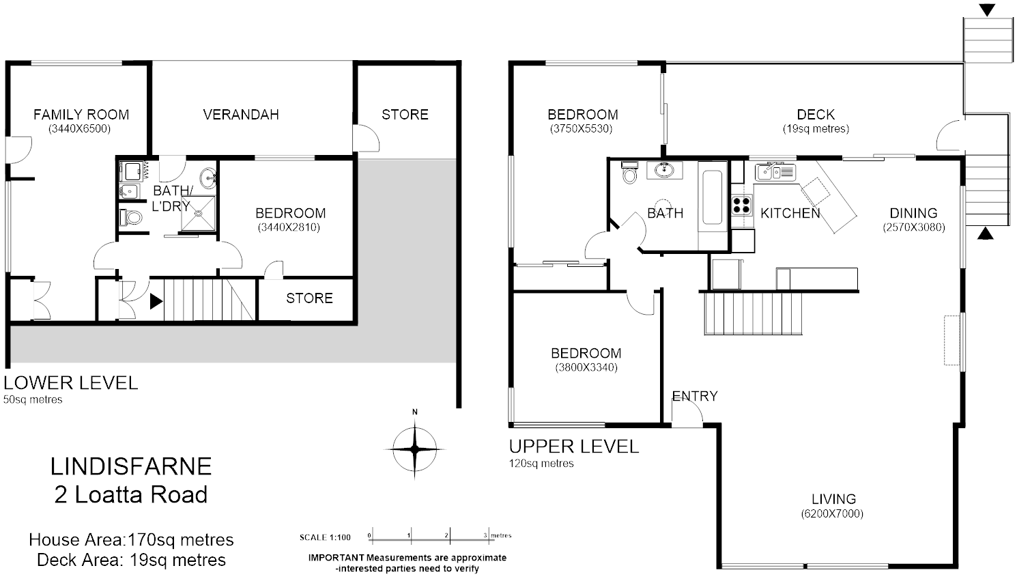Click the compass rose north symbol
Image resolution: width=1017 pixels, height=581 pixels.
click(x=414, y=449)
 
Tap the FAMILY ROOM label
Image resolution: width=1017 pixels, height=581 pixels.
click(x=81, y=115)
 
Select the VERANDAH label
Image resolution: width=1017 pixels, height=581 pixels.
click(x=241, y=115)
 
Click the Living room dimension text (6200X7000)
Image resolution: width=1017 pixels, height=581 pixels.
click(x=832, y=513)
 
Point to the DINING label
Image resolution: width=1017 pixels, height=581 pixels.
click(x=913, y=213)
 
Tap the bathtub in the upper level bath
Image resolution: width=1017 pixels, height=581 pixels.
click(x=712, y=198)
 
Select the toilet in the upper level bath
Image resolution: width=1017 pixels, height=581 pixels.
click(x=629, y=173)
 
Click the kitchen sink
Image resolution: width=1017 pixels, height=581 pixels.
click(x=775, y=171)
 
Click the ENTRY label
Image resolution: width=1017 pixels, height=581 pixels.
click(x=695, y=396)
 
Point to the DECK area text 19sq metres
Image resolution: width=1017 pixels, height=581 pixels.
click(x=816, y=128)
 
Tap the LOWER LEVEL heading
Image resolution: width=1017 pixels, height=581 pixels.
click(x=71, y=382)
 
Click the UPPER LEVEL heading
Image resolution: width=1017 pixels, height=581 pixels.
click(x=574, y=447)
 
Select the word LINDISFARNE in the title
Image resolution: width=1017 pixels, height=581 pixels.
click(x=131, y=466)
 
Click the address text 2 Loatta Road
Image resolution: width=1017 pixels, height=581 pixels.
click(x=131, y=494)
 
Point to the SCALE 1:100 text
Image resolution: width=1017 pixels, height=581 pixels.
click(x=325, y=537)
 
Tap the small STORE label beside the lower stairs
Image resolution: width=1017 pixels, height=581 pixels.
click(x=309, y=298)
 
